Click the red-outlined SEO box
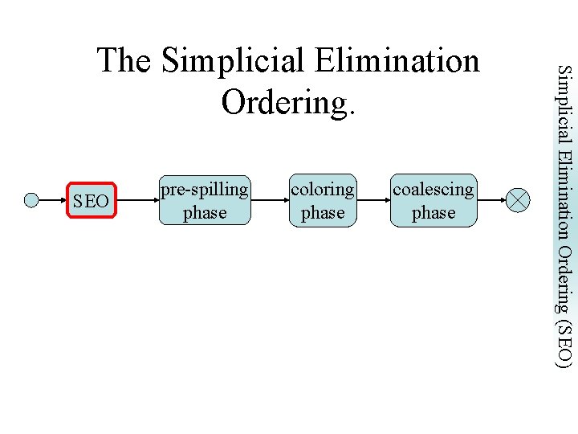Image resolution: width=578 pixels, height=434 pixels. (91, 201)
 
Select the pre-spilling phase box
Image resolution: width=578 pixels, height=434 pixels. (205, 200)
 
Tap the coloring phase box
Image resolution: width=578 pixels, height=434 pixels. (322, 200)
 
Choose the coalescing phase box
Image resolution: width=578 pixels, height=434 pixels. (433, 200)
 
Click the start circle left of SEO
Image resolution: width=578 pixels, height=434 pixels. (31, 201)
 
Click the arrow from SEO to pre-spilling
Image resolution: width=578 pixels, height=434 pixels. (137, 201)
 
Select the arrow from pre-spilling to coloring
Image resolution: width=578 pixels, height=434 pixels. (269, 201)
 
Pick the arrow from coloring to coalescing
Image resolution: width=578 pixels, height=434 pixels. (373, 201)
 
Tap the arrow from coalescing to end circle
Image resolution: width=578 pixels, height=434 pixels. (493, 201)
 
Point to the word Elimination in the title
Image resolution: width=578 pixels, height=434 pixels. (397, 61)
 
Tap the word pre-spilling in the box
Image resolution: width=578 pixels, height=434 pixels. (205, 190)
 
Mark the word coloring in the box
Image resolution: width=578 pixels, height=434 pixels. (322, 190)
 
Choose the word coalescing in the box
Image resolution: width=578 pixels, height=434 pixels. (433, 190)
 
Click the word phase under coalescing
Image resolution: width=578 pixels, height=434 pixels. (433, 213)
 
